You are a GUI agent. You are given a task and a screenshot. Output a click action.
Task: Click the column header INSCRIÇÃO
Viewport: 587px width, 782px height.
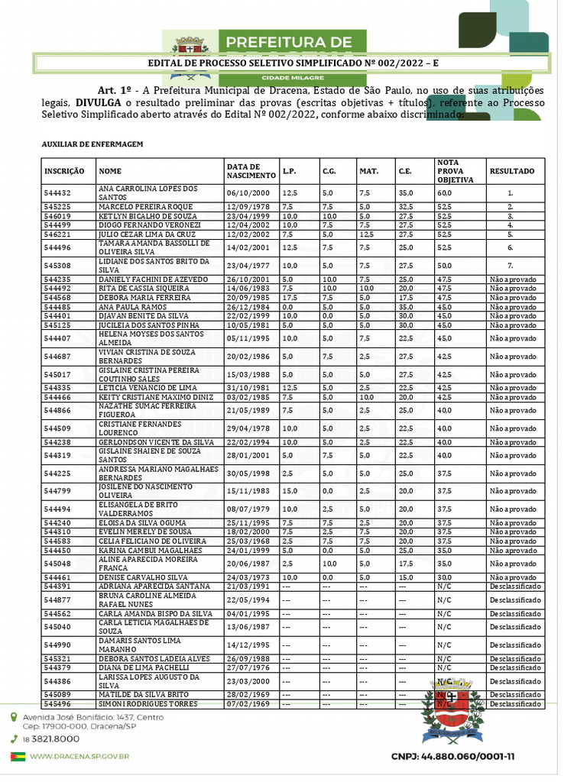64,172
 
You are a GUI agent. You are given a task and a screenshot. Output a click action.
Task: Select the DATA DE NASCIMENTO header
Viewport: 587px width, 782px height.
245,172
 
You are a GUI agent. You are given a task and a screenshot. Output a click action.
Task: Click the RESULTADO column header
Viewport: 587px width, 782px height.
511,172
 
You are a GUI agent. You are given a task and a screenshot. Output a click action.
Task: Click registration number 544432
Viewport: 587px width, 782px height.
57,193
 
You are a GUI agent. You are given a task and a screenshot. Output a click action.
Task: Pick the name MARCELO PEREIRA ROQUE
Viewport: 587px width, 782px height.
144,207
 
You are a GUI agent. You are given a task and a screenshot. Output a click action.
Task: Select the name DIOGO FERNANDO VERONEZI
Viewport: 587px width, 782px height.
149,225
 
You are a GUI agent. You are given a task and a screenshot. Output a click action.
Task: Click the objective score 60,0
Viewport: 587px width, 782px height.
445,193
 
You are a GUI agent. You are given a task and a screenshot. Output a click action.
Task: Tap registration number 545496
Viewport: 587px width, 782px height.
57,704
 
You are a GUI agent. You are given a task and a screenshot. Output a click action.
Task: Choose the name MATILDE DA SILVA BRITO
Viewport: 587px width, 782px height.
144,694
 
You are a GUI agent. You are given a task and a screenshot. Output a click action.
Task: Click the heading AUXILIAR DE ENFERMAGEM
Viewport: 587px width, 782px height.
92,144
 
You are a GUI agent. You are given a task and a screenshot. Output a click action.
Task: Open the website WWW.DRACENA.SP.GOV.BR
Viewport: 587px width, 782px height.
79,756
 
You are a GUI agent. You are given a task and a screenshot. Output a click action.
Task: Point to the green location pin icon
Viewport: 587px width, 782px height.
15,718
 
